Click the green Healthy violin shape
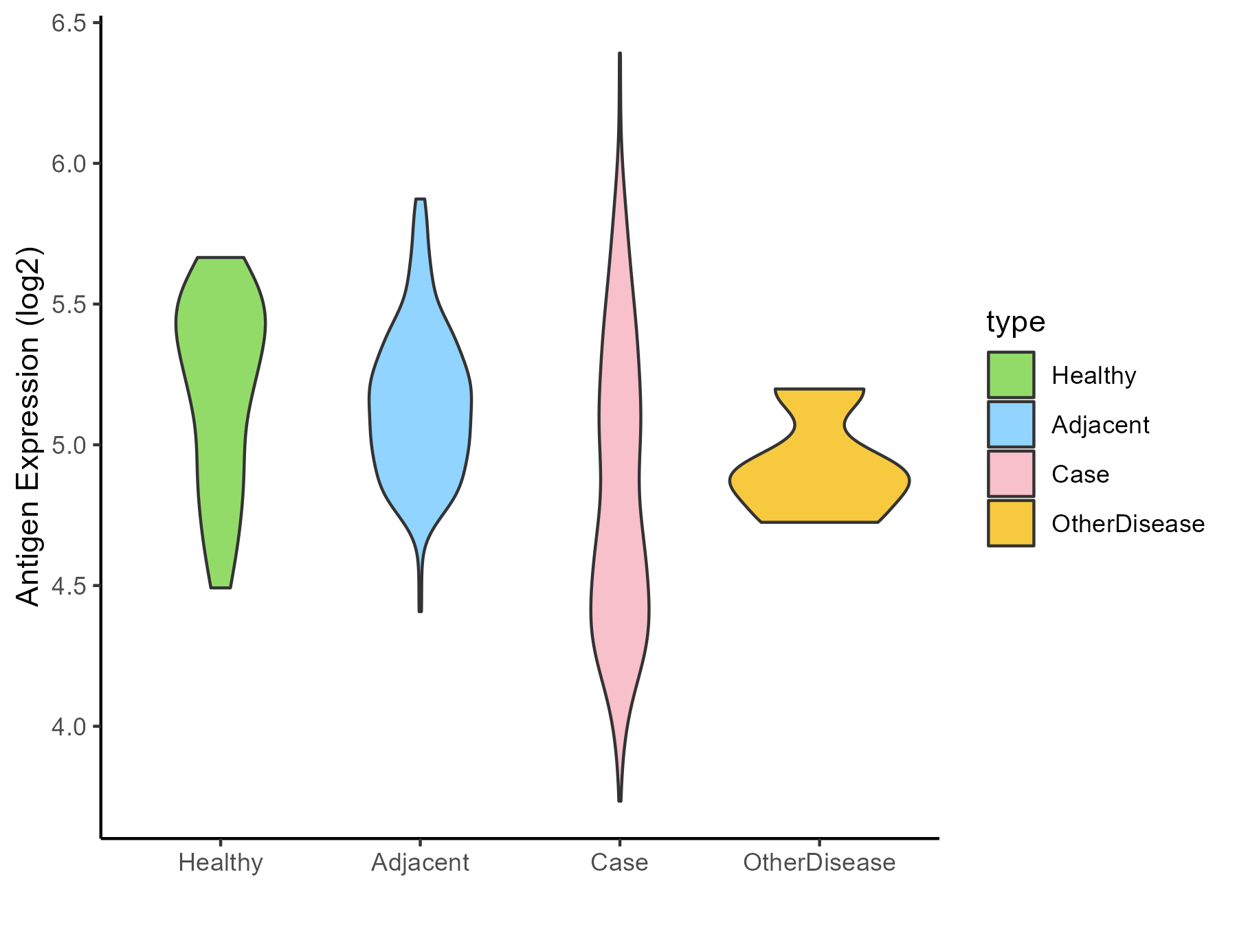pos(221,357)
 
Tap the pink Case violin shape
pos(620,481)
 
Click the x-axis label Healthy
pos(221,862)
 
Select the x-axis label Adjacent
pos(420,862)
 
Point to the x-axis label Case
pos(619,862)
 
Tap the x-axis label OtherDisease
pos(819,862)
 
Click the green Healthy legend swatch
pos(1011,375)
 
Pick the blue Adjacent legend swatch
pos(1011,424)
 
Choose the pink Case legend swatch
pos(1011,474)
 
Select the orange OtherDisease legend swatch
pos(1011,523)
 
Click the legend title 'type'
pos(1016,322)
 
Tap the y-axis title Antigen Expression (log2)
pos(29,426)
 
